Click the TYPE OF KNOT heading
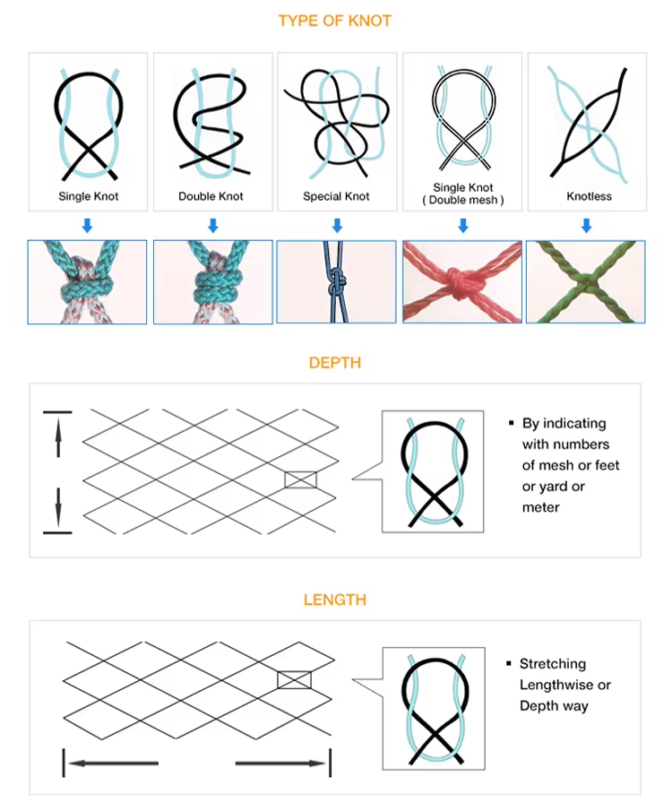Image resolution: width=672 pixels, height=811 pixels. pyautogui.click(x=335, y=21)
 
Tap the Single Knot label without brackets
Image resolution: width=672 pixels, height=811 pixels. pyautogui.click(x=89, y=196)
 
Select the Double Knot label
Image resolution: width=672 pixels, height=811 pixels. pyautogui.click(x=211, y=196)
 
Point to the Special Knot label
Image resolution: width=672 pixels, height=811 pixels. pyautogui.click(x=336, y=196)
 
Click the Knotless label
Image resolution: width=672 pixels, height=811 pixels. pyautogui.click(x=589, y=196)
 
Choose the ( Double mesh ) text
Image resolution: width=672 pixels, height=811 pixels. pyautogui.click(x=463, y=200)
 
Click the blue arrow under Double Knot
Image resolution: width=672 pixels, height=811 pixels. pyautogui.click(x=212, y=226)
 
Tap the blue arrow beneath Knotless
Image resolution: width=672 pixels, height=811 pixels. pyautogui.click(x=586, y=226)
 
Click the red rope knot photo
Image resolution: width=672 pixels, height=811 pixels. pyautogui.click(x=462, y=282)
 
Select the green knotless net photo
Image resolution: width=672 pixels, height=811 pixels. pyautogui.click(x=586, y=282)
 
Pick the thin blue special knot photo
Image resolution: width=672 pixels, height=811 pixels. pyautogui.click(x=336, y=282)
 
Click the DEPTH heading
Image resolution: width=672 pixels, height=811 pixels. pyautogui.click(x=335, y=363)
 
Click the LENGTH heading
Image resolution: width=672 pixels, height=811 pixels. pyautogui.click(x=335, y=600)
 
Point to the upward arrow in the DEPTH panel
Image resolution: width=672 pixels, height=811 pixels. pyautogui.click(x=58, y=437)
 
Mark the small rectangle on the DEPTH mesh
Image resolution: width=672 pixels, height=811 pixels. pyautogui.click(x=300, y=479)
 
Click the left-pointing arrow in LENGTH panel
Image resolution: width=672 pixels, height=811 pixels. pyautogui.click(x=113, y=763)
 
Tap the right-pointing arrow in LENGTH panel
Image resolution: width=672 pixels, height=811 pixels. pyautogui.click(x=280, y=763)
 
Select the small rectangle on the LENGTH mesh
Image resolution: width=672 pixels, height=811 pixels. pyautogui.click(x=294, y=679)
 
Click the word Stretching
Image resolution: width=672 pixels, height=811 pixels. pyautogui.click(x=553, y=664)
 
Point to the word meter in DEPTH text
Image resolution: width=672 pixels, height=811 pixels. pyautogui.click(x=540, y=507)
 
